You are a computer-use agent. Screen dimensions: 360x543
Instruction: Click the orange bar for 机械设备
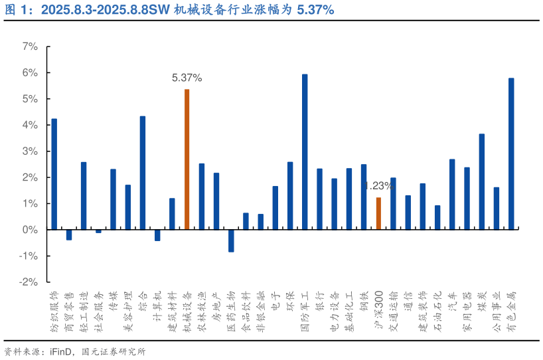[187, 159]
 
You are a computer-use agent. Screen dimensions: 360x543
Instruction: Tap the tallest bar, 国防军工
[305, 152]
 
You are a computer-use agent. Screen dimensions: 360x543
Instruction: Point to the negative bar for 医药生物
[231, 240]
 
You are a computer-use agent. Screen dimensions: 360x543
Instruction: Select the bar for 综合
[143, 173]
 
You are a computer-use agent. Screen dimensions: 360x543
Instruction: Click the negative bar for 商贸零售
[69, 234]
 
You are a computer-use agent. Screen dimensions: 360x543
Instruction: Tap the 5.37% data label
[187, 78]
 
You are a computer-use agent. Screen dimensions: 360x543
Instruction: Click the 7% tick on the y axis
[30, 46]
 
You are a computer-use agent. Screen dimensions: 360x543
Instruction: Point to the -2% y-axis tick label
[29, 282]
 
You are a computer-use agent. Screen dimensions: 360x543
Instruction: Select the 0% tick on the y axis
[30, 230]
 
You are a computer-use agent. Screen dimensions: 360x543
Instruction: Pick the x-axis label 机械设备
[187, 311]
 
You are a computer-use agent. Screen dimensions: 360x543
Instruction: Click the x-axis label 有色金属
[511, 311]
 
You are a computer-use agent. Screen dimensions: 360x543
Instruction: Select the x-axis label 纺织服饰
[54, 311]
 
